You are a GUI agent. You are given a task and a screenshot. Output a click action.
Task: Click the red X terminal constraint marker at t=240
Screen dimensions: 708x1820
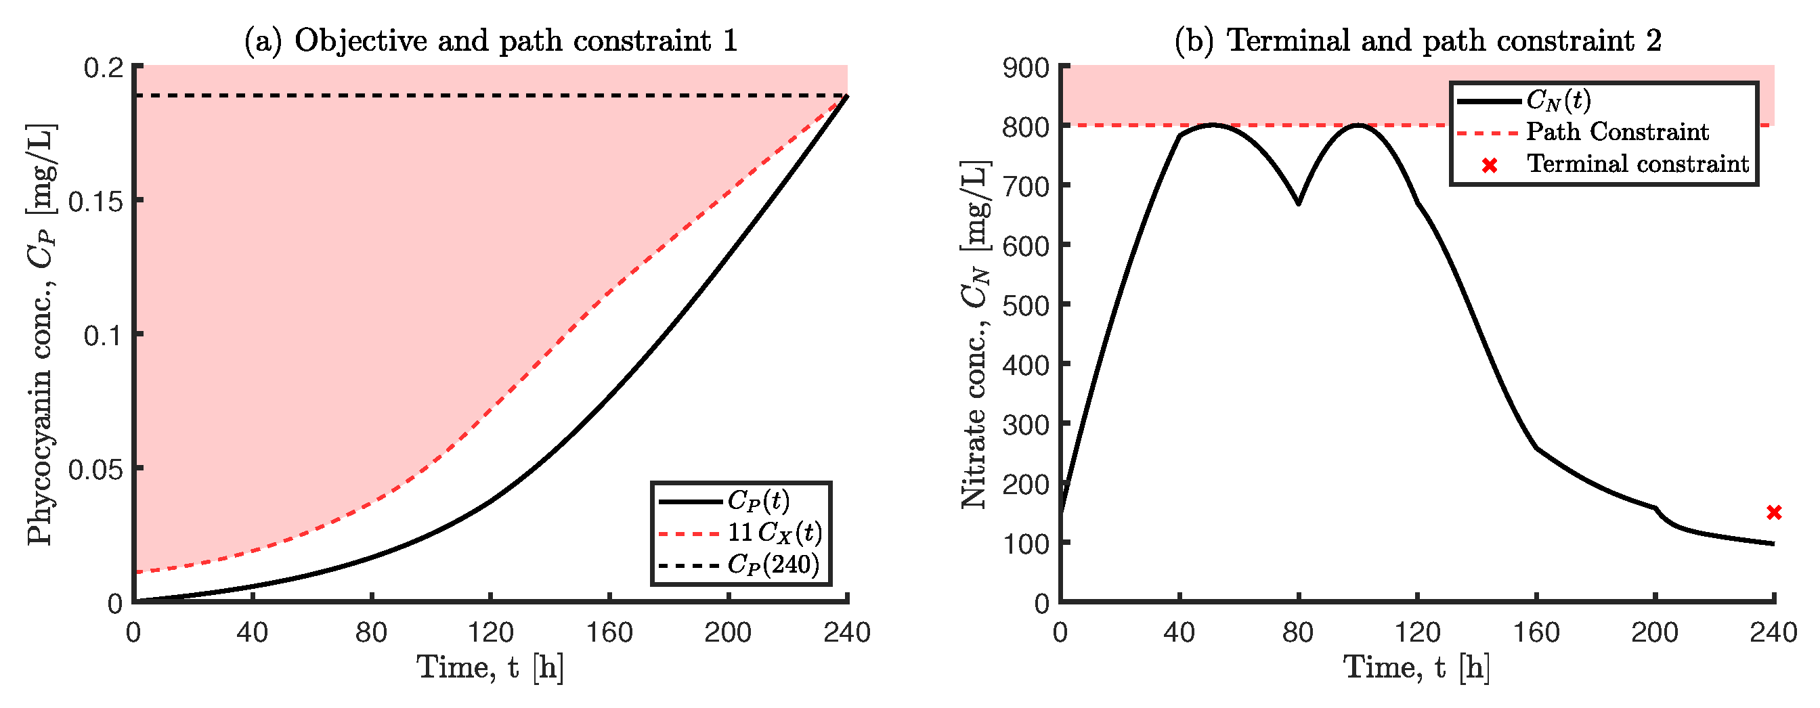point(1773,512)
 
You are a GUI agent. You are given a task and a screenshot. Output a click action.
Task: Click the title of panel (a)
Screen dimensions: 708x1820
point(491,41)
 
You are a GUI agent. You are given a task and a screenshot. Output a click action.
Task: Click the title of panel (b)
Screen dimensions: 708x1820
point(1417,41)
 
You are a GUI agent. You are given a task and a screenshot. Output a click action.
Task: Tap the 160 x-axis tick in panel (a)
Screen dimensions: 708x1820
point(609,632)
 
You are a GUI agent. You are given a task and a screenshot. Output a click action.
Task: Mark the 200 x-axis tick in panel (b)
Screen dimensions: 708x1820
point(1655,632)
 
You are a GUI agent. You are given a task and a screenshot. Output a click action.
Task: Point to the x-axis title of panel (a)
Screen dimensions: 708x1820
point(490,667)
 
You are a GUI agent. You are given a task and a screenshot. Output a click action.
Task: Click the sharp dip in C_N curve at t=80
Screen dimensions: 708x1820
point(1299,204)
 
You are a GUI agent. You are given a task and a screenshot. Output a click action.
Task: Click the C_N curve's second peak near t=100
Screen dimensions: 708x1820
point(1358,125)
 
